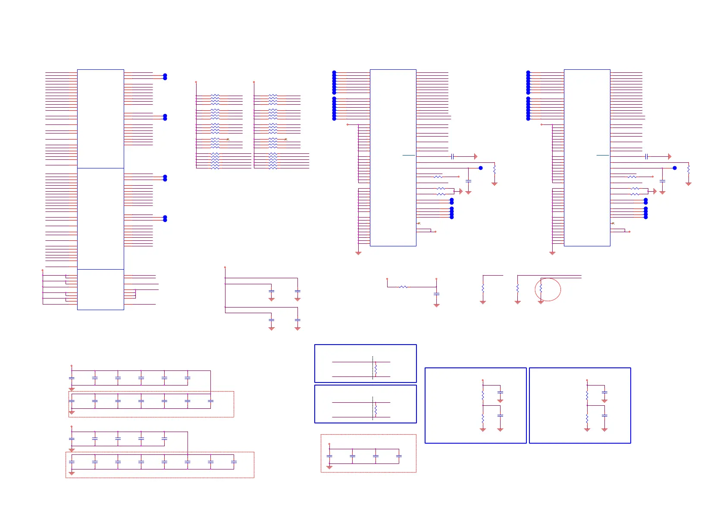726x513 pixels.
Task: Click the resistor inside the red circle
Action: [541, 288]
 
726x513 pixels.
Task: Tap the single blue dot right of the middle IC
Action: [481, 168]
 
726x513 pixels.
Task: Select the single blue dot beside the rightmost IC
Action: [675, 168]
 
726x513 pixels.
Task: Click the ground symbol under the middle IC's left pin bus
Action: [358, 253]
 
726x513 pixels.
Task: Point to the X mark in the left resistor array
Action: [228, 139]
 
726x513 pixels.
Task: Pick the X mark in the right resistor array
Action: [285, 139]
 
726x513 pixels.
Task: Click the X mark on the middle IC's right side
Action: [419, 223]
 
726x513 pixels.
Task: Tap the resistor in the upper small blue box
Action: [376, 370]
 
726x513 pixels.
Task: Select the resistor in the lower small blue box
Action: [376, 410]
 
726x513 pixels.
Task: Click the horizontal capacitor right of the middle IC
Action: [452, 156]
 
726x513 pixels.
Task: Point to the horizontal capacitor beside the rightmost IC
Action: [646, 156]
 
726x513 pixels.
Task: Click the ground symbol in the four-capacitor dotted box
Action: [329, 467]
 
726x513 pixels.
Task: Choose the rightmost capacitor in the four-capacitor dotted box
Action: [399, 456]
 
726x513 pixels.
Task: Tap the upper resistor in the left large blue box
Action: [483, 395]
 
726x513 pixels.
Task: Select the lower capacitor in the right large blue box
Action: [604, 416]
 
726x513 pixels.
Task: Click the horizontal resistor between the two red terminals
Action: [403, 287]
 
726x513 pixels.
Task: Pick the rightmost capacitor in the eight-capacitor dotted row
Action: [234, 462]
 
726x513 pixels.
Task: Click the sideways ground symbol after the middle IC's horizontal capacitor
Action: [476, 156]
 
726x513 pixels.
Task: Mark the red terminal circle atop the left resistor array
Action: [196, 81]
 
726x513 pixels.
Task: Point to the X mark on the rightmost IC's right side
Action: [613, 223]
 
